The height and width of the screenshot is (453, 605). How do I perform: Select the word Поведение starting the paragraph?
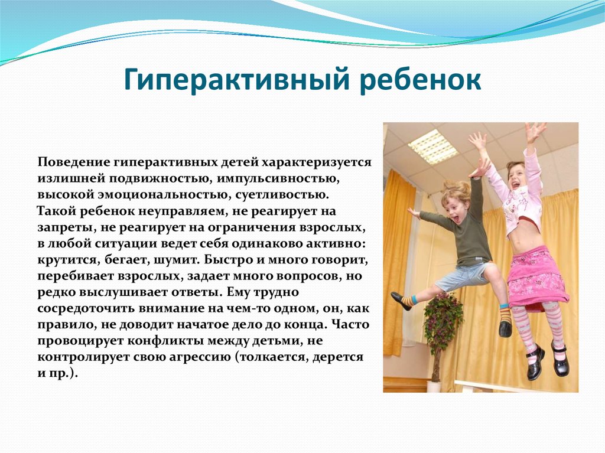click(73, 162)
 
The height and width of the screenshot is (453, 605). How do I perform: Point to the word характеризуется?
click(317, 162)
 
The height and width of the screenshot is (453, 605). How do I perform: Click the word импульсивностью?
click(278, 178)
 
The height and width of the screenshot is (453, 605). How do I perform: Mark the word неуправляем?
click(182, 211)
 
